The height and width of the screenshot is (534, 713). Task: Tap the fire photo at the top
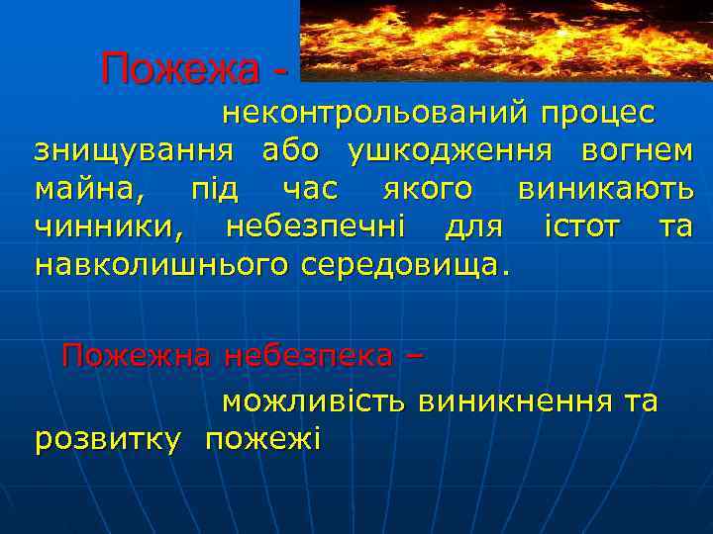(x=504, y=40)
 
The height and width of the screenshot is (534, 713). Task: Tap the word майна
(x=85, y=188)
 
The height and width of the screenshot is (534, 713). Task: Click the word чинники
(x=109, y=226)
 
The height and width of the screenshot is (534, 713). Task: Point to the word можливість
(x=313, y=400)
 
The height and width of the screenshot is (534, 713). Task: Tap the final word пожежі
(x=262, y=439)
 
